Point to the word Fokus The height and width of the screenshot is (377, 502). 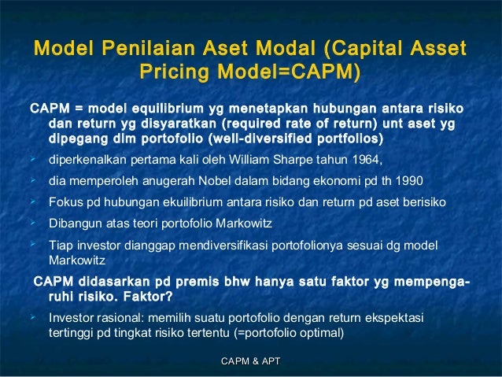click(65, 202)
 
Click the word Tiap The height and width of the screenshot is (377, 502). click(60, 244)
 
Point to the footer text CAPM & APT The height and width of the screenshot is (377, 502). click(251, 361)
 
